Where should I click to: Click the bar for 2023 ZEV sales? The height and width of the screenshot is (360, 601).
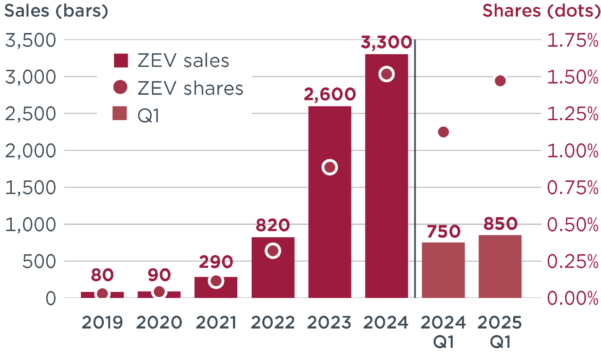(x=330, y=218)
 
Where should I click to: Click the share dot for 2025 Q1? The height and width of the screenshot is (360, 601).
(x=500, y=81)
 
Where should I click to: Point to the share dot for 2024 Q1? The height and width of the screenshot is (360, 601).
(x=443, y=132)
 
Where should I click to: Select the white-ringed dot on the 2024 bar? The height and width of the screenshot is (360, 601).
(x=386, y=74)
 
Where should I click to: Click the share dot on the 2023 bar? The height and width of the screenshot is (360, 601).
(x=330, y=167)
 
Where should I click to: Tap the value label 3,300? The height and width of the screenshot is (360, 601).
(x=386, y=43)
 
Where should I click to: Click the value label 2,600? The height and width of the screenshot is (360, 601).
(x=330, y=94)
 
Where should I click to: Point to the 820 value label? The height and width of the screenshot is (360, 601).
(x=273, y=225)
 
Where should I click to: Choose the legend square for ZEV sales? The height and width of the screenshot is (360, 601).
(x=120, y=61)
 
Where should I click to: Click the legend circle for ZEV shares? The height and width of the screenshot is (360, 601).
(x=120, y=88)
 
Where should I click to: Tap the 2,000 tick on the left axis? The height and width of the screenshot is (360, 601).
(x=30, y=151)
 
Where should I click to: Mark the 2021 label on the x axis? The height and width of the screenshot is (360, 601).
(x=216, y=323)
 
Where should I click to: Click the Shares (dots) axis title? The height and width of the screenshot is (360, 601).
(x=541, y=12)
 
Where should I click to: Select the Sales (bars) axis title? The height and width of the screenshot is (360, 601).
(x=56, y=12)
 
